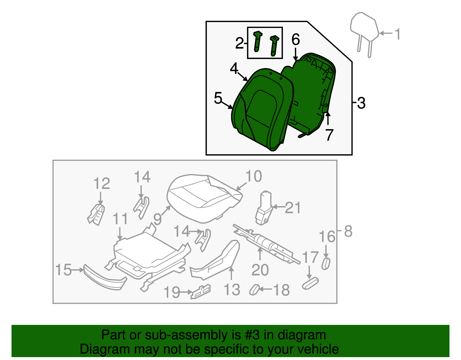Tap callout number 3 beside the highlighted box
[x=361, y=103]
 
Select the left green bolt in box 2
[x=257, y=41]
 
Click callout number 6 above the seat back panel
[x=296, y=39]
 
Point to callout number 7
[x=329, y=135]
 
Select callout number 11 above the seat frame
[x=120, y=219]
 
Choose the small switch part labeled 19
[x=201, y=292]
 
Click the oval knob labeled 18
[x=254, y=290]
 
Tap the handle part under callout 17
[x=310, y=283]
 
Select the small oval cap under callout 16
[x=326, y=264]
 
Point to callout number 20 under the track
[x=260, y=270]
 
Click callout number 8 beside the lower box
[x=348, y=231]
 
